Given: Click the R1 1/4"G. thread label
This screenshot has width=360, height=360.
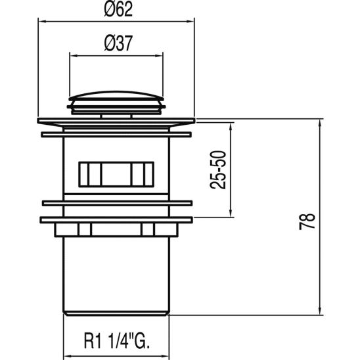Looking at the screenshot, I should pos(116,342).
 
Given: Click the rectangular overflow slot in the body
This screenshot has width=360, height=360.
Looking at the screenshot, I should pos(116,174).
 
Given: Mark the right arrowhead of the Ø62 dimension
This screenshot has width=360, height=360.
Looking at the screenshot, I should pos(193,22).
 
